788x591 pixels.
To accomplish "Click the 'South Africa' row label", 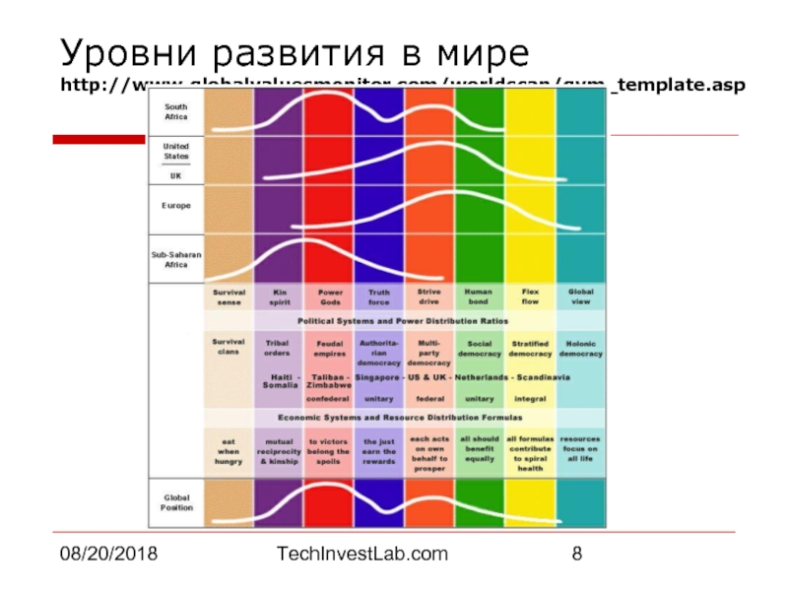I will coord(176,111).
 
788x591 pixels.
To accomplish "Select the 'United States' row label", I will coord(176,150).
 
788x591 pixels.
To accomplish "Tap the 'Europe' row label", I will coord(176,205).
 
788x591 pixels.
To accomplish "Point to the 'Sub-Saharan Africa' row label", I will coord(176,259).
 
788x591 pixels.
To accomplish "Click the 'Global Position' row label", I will coord(176,502).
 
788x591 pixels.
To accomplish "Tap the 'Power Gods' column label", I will coord(330,296).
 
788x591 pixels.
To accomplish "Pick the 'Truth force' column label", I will coord(379,296).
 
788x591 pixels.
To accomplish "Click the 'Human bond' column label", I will coord(479,296).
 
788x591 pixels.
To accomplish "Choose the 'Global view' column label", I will coord(581,296).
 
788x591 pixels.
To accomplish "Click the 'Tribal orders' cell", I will coord(277,348).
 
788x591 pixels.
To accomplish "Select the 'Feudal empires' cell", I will coord(330,348).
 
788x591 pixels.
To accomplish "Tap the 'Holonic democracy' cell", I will coord(581,348).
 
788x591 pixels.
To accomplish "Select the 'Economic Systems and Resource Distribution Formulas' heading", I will coord(403,416).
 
